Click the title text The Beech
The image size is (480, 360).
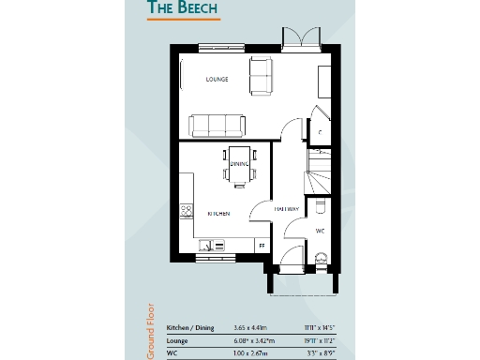tap(182, 9)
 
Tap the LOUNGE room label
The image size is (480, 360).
tap(217, 80)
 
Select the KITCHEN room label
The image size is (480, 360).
tap(218, 214)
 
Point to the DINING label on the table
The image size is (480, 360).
tap(239, 165)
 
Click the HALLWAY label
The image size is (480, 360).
tap(287, 209)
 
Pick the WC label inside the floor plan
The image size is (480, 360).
tap(320, 230)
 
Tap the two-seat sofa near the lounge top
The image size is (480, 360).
tap(261, 75)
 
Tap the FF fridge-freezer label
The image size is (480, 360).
tap(262, 245)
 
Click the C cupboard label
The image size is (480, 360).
tap(320, 132)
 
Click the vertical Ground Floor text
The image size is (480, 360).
tap(149, 330)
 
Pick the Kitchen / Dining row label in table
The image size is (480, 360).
tap(190, 327)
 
